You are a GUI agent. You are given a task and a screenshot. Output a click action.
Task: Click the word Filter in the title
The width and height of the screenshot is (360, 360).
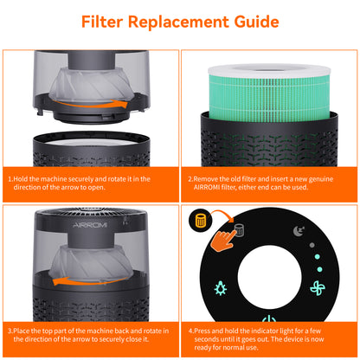[x=102, y=22]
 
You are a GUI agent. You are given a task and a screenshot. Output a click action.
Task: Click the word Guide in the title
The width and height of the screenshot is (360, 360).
[x=256, y=22]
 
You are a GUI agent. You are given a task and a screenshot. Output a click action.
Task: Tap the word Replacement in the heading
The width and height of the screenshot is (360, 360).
[x=178, y=22]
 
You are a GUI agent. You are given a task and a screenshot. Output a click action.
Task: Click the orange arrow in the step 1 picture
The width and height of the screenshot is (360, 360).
[x=90, y=105]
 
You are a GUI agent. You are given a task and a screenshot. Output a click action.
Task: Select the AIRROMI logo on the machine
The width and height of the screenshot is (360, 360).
[x=90, y=225]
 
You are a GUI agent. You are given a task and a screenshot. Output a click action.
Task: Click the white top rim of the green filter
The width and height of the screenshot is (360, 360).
[x=269, y=72]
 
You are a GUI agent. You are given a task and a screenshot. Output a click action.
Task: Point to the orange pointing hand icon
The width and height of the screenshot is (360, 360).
[x=222, y=240]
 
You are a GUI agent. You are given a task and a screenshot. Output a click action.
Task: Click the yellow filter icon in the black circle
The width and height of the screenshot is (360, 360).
[x=201, y=221]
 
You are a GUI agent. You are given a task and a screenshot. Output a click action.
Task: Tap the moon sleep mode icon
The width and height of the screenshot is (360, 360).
[x=299, y=231]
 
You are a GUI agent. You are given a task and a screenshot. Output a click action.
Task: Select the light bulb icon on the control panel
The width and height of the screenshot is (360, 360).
[x=221, y=288]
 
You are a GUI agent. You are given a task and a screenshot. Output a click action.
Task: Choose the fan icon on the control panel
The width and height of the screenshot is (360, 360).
[x=318, y=288]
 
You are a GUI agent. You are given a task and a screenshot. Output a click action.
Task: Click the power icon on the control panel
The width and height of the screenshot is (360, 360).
[x=269, y=318]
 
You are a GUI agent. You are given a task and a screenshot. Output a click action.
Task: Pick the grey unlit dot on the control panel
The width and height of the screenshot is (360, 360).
[x=312, y=245]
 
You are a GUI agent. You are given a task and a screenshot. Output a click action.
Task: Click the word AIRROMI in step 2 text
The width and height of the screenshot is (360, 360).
[x=207, y=188]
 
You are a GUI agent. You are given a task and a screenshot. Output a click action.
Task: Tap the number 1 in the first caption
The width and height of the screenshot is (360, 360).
[x=10, y=179]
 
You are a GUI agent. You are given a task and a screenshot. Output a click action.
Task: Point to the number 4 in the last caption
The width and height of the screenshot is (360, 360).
[x=190, y=331]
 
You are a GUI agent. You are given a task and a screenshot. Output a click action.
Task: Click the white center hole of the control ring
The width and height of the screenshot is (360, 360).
[x=269, y=278]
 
